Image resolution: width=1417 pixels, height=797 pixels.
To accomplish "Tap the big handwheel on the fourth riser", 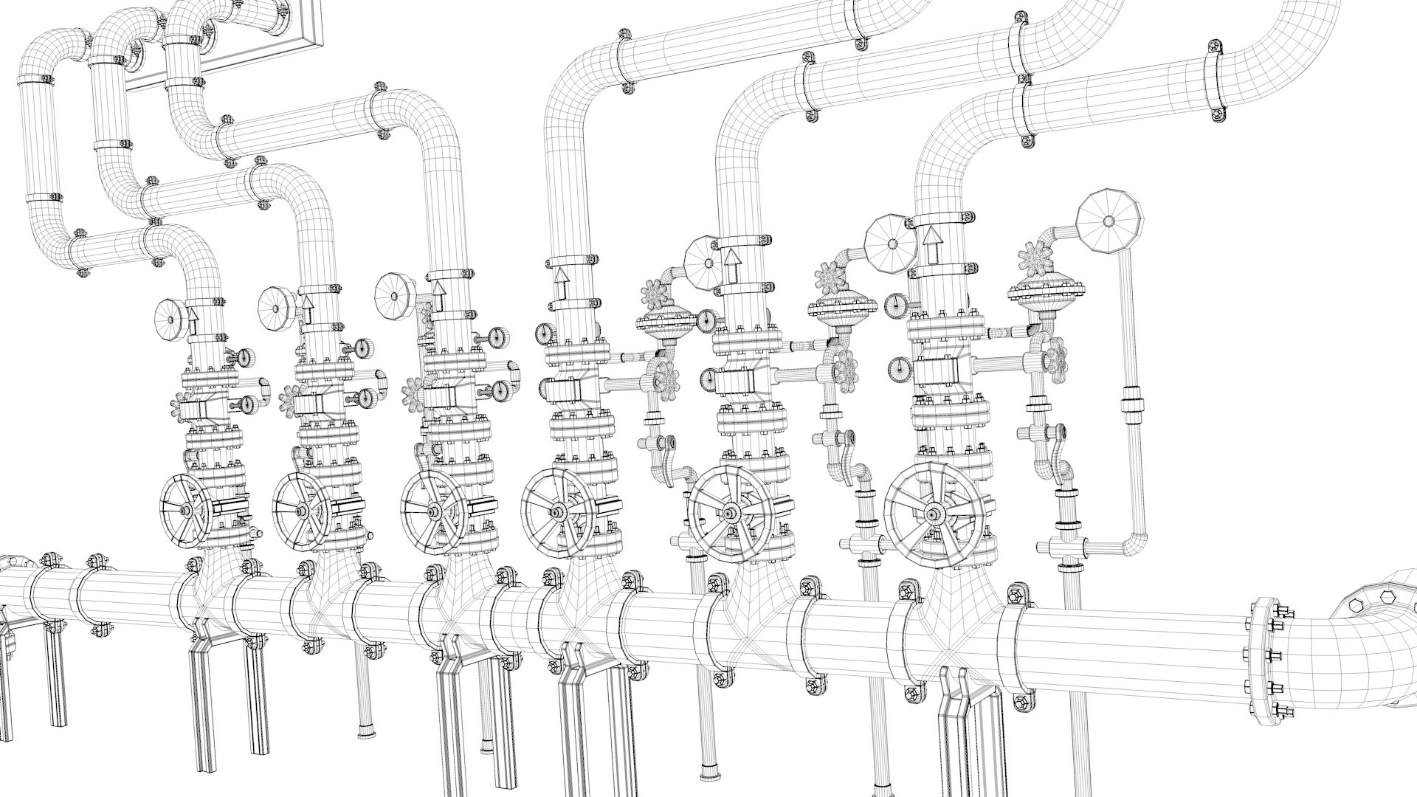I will (x=555, y=511).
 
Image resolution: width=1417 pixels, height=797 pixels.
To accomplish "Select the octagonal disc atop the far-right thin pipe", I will (x=1109, y=221).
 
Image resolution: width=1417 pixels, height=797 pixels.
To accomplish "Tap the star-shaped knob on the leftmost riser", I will (x=182, y=407).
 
